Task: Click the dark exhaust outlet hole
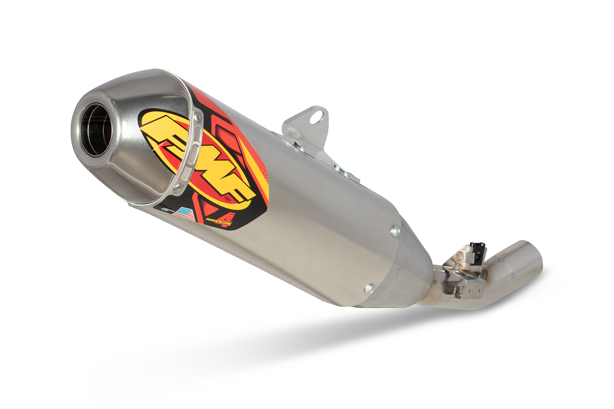[x=96, y=130]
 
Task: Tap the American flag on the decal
[x=184, y=214]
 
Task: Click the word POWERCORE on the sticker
[x=218, y=220]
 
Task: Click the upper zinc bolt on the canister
[x=394, y=231]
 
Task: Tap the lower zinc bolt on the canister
[x=369, y=288]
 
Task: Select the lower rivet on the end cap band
[x=177, y=188]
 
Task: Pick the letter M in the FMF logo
[x=196, y=157]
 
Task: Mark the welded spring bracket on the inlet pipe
[x=460, y=276]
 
